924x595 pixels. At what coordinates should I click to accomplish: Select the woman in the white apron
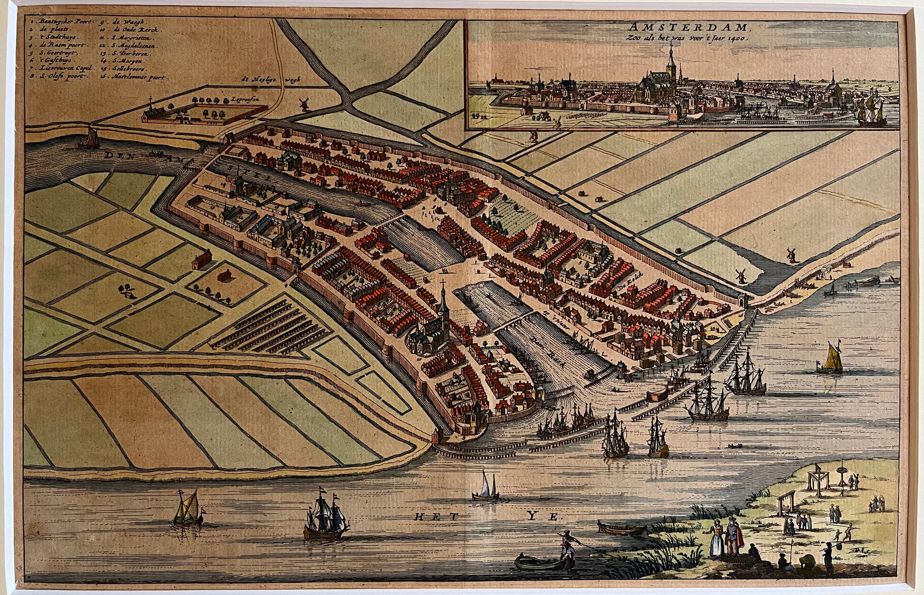click(716, 536)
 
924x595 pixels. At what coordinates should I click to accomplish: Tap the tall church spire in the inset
click(670, 64)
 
